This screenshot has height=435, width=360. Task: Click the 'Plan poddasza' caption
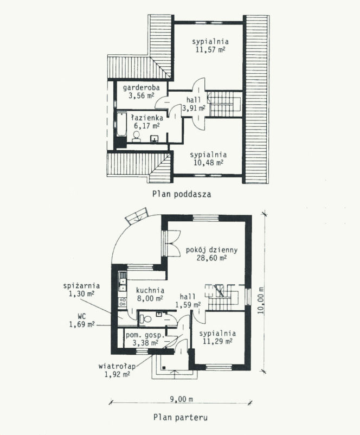click(x=182, y=194)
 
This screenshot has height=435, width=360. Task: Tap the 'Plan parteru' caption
click(x=181, y=417)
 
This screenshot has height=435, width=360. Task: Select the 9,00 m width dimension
click(x=182, y=399)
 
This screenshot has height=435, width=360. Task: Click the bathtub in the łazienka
click(x=121, y=124)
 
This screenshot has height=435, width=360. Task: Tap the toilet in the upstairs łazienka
click(x=136, y=137)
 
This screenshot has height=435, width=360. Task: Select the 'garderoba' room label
click(x=142, y=88)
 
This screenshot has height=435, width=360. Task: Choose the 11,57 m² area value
click(x=210, y=50)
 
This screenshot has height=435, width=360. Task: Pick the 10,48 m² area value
click(x=209, y=163)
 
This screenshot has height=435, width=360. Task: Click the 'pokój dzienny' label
click(x=211, y=250)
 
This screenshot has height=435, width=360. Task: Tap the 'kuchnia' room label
click(x=150, y=291)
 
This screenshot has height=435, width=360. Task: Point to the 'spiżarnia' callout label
click(x=81, y=285)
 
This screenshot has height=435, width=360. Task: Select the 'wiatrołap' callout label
click(x=117, y=366)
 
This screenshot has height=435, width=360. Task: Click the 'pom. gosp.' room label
click(x=145, y=335)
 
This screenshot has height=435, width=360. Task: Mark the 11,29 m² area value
click(x=217, y=341)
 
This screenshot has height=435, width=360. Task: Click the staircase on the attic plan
click(x=224, y=104)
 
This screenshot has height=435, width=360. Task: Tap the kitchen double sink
click(x=123, y=285)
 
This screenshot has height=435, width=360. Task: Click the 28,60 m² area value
click(x=211, y=258)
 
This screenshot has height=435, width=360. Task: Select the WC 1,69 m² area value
click(x=82, y=324)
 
